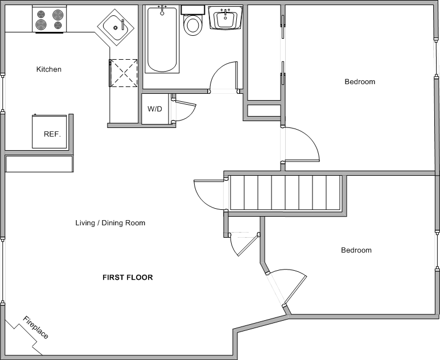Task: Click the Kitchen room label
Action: coord(49,69)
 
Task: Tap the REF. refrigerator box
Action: coord(50,131)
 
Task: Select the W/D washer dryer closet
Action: coord(155,109)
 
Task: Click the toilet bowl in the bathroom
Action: coord(193,25)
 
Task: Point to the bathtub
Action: coord(162,39)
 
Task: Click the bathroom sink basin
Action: coord(225,18)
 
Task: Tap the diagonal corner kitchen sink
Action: coord(116,27)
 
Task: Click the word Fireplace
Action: coord(36,327)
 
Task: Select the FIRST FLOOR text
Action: coord(128,278)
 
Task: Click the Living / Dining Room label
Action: coord(110,223)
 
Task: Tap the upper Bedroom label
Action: coord(360,82)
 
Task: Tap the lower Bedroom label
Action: coord(356,250)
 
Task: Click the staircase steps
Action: coord(285,193)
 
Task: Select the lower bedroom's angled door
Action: coord(295,289)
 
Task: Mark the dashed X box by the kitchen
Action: coord(123,73)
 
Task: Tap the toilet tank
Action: coord(192,10)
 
